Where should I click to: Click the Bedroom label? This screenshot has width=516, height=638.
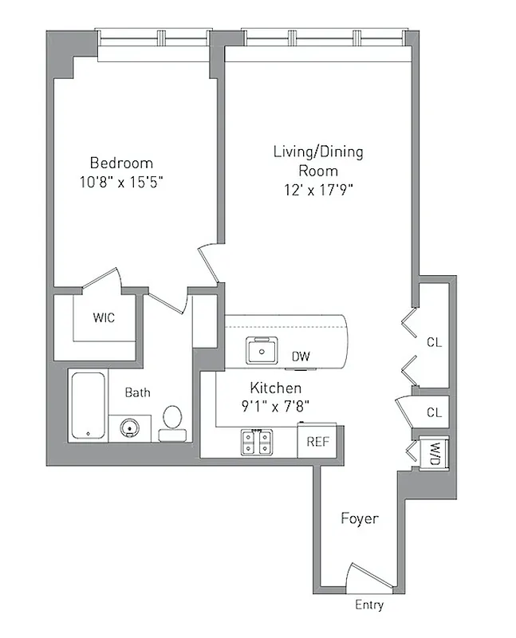120,161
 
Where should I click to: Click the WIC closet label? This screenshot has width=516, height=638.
104,318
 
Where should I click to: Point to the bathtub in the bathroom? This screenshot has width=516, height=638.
87,406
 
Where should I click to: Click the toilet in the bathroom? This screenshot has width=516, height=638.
172,422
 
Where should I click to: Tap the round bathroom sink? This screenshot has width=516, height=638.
129,428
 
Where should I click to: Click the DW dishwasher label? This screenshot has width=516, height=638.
301,356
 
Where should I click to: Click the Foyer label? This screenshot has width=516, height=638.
359,518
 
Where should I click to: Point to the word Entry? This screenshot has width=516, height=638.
368,605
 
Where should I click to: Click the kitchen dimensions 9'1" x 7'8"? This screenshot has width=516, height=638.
275,405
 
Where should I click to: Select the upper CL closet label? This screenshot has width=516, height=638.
434,343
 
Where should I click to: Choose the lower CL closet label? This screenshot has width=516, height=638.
434,413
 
